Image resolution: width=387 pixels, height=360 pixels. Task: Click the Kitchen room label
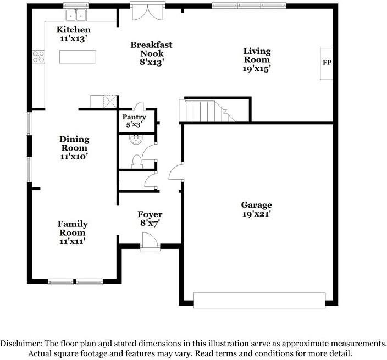pos(73,30)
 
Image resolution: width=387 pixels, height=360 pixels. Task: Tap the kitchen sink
pos(76,15)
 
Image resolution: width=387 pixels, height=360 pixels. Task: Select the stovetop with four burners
pos(38,57)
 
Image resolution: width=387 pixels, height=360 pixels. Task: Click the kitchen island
pos(78,57)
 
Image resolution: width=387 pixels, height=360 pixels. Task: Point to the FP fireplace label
pos(327,63)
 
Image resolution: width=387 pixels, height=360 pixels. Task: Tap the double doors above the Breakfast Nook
pos(147,12)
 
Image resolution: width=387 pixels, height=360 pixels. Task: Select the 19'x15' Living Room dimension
pos(257,68)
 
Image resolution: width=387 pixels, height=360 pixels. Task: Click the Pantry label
pos(134,117)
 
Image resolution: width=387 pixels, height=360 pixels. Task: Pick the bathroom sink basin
pos(135,140)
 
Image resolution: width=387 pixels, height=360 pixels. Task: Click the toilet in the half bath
pos(136,162)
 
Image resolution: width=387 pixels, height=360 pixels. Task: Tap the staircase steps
pos(207,110)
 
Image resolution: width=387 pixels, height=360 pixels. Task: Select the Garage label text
pos(256,205)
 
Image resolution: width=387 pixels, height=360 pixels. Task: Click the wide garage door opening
pos(259,300)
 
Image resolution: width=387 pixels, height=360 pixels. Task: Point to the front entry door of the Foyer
pos(150,241)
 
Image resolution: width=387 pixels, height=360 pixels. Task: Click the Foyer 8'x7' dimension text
pos(150,223)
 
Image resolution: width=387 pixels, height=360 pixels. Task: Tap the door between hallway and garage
pos(176,172)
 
